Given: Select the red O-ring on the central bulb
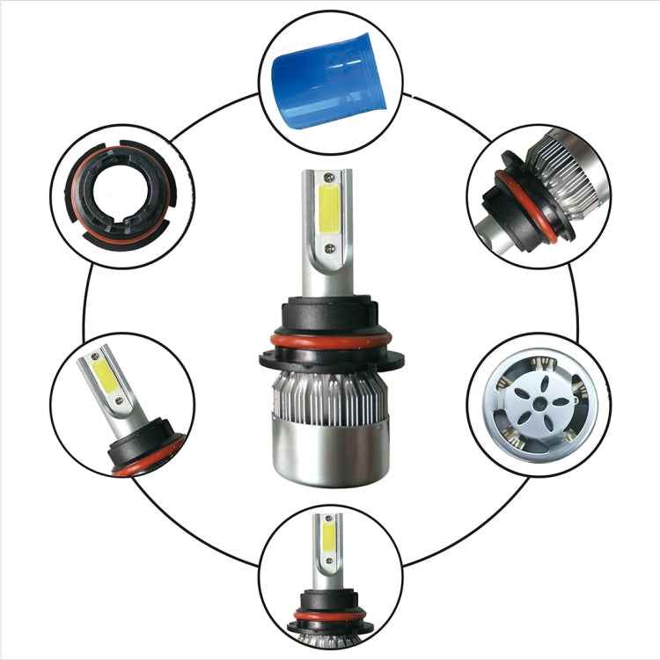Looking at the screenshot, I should pos(330,339).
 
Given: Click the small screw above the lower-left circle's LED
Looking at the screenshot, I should pos(94,359).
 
